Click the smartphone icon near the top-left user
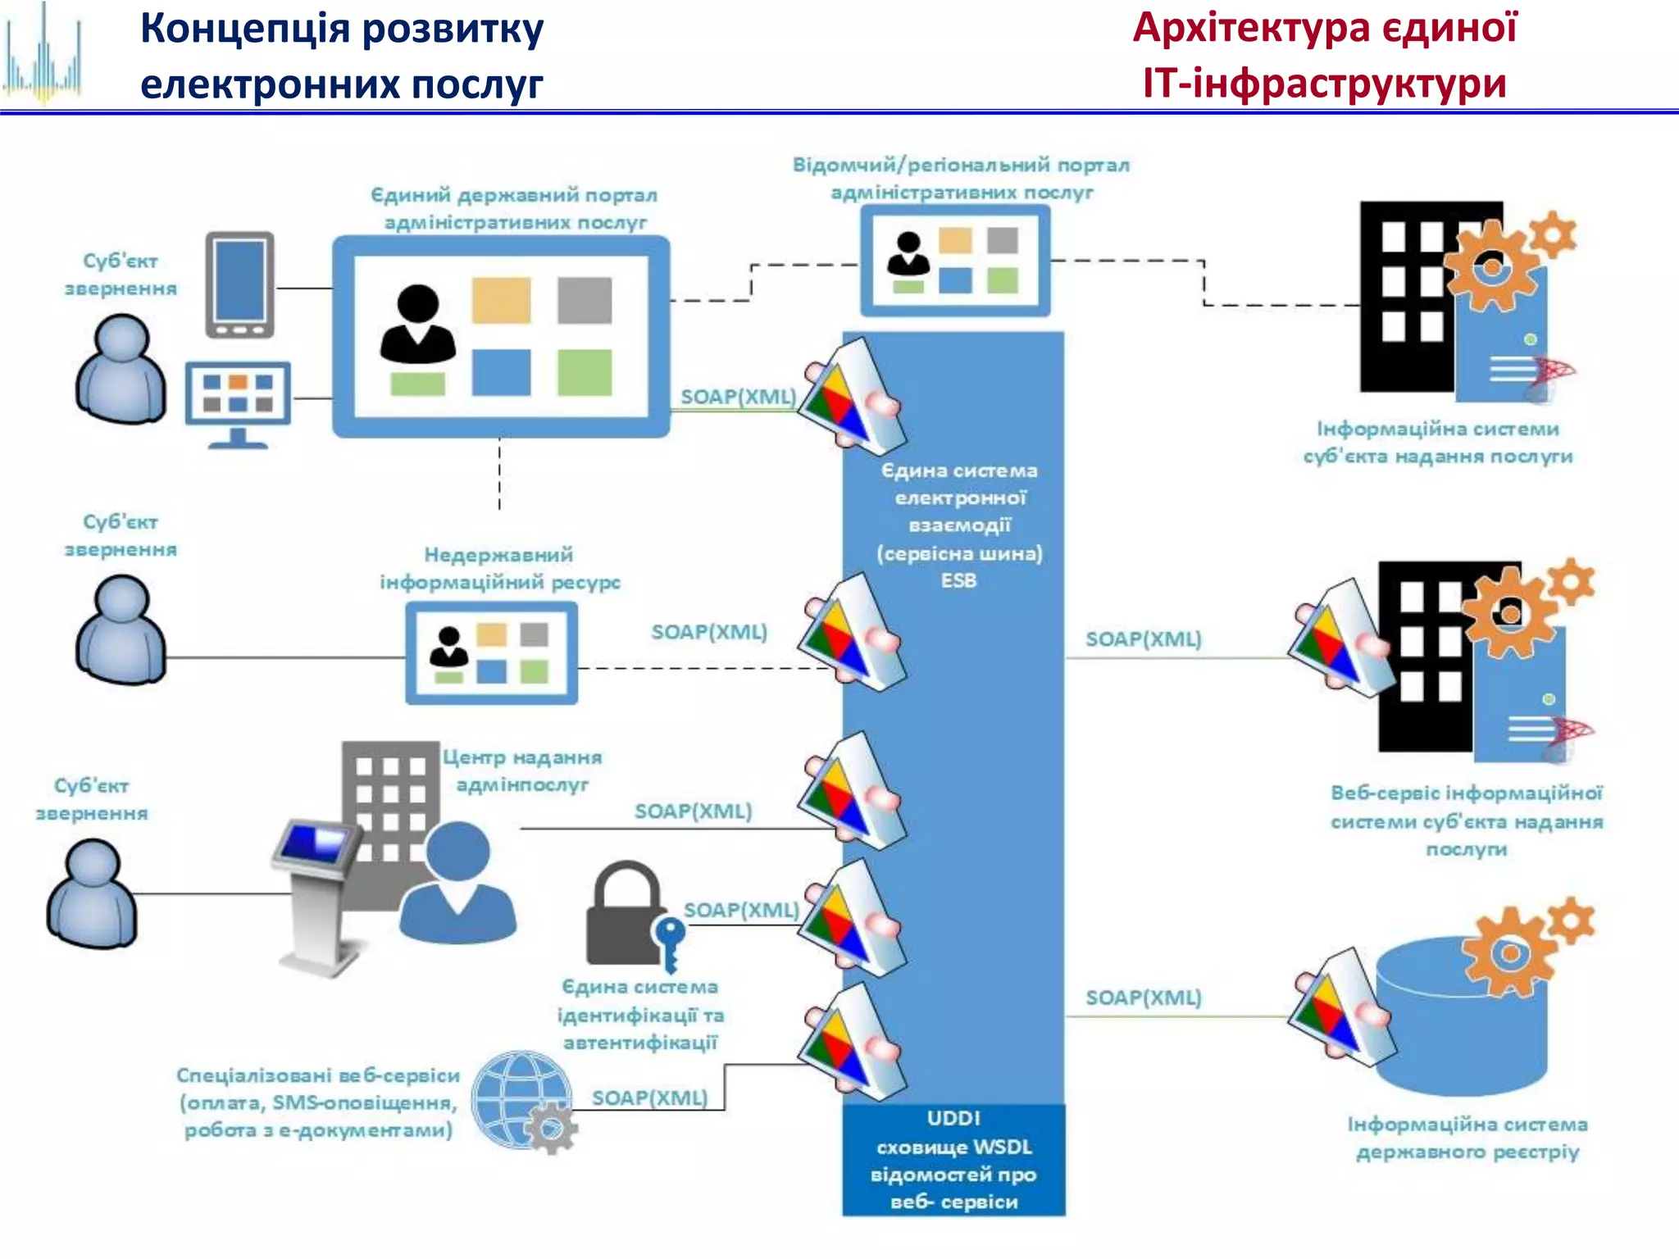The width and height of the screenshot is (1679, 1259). click(x=239, y=285)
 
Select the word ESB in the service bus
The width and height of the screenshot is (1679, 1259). click(x=958, y=580)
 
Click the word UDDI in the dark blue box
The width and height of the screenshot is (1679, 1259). click(x=953, y=1119)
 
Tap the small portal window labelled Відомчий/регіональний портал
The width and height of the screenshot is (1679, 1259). click(x=955, y=261)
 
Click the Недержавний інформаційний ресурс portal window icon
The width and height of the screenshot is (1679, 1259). click(x=491, y=653)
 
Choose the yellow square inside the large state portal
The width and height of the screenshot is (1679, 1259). click(x=501, y=300)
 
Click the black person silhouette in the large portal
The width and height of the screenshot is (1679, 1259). click(x=417, y=325)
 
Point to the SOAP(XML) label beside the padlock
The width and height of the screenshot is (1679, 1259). click(x=741, y=910)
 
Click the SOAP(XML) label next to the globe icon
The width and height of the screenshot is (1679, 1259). click(x=649, y=1098)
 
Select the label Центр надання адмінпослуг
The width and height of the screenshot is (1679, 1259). click(x=522, y=770)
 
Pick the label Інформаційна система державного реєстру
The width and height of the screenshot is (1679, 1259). click(x=1467, y=1138)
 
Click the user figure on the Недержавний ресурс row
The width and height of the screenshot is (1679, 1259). click(x=121, y=629)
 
